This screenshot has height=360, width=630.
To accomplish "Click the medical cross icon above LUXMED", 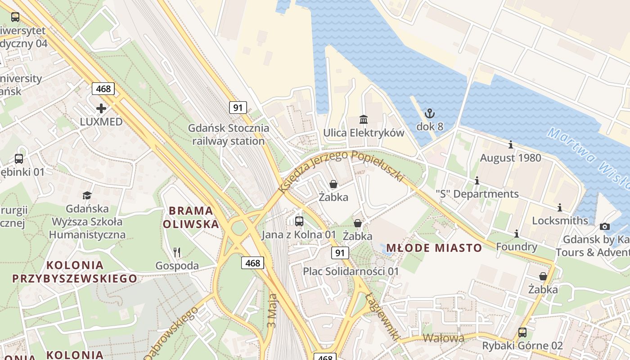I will point(101,108).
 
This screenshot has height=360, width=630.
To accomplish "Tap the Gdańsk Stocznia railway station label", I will point(229,135).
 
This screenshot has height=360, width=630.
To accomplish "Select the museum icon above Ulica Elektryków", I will point(364,119).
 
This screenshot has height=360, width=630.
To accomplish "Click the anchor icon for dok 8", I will point(430,113).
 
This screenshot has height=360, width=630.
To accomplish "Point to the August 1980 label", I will point(510,158).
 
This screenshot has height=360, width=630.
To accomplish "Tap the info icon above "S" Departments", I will point(477,181).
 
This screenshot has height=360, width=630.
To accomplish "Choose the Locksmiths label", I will point(560,220).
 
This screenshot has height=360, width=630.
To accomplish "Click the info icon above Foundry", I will point(517,234).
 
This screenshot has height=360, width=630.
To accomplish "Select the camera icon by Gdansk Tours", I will point(605,226).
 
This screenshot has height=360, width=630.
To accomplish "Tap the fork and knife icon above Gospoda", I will point(177,252).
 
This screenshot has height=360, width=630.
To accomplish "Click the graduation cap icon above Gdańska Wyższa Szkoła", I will point(87,195).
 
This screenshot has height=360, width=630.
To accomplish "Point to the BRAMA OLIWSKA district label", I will point(191,217).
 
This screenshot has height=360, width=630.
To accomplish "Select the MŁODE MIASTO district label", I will point(434,248).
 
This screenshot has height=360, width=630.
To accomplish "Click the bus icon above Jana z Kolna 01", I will point(299,221).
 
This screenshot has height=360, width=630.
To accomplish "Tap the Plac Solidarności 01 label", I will point(351,271).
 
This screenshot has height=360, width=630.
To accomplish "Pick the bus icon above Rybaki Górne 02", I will point(522,333).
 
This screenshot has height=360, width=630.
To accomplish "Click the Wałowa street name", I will point(443,338).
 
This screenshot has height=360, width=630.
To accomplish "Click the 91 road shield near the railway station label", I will point(238,108).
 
